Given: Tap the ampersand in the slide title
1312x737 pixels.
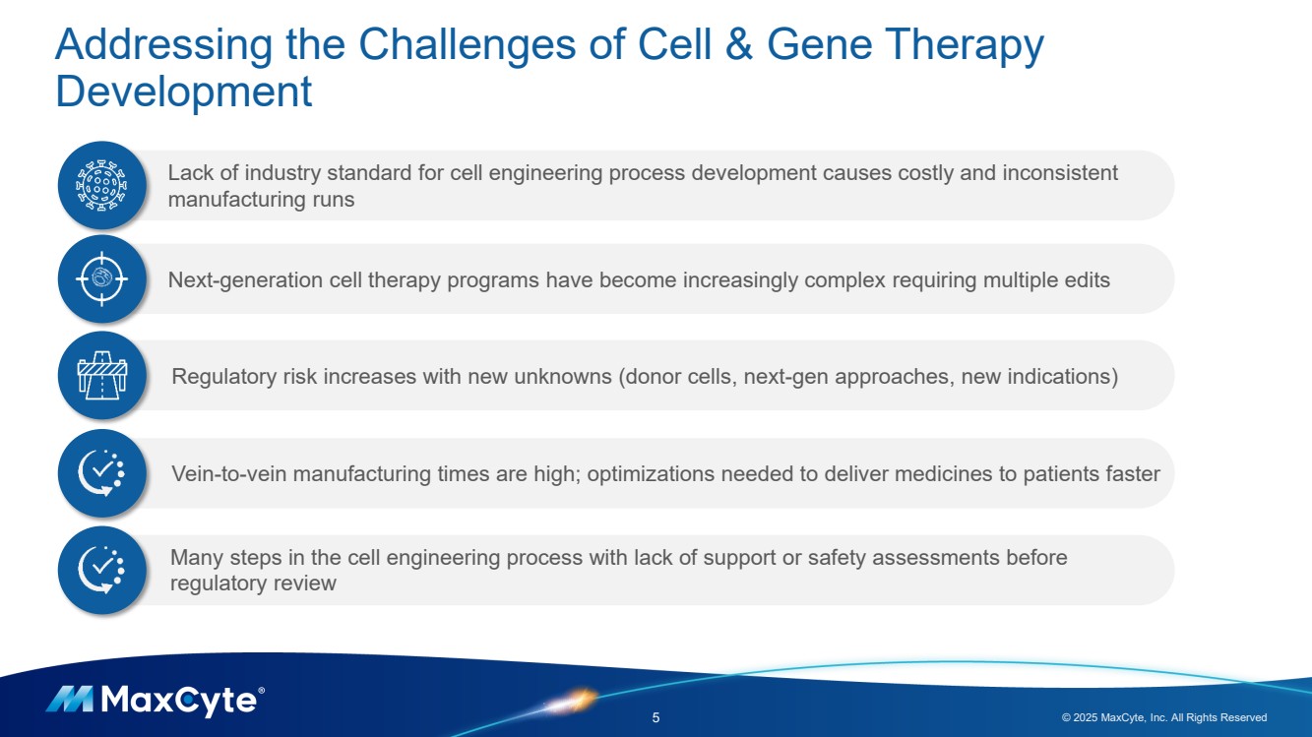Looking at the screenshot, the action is (738, 44).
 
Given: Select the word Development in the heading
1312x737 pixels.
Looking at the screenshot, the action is (183, 92).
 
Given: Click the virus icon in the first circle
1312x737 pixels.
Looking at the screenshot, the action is (102, 185).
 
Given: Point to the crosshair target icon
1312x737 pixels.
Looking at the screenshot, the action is (102, 278).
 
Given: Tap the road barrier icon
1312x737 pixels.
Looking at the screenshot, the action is (102, 375).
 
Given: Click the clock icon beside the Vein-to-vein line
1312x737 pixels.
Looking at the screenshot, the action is (101, 473).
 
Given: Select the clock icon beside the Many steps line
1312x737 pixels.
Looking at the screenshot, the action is (101, 570).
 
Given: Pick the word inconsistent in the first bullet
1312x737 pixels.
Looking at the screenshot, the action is (1060, 173).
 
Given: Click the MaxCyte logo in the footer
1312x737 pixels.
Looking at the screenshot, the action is (156, 701).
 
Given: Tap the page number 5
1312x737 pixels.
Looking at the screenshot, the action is (656, 717).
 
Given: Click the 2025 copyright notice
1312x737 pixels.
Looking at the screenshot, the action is (1164, 717).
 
